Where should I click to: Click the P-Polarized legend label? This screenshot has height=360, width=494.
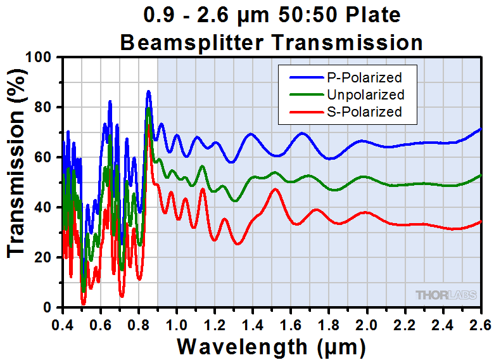364,78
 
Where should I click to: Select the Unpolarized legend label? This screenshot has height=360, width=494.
365,95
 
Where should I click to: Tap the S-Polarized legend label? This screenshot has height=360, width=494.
364,112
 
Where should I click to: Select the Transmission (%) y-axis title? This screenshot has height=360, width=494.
17,182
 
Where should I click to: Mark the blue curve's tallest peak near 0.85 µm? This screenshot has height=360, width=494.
148,91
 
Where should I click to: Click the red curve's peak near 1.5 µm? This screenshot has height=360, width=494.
275,189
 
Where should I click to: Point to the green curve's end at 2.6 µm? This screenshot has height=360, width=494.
480,175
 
